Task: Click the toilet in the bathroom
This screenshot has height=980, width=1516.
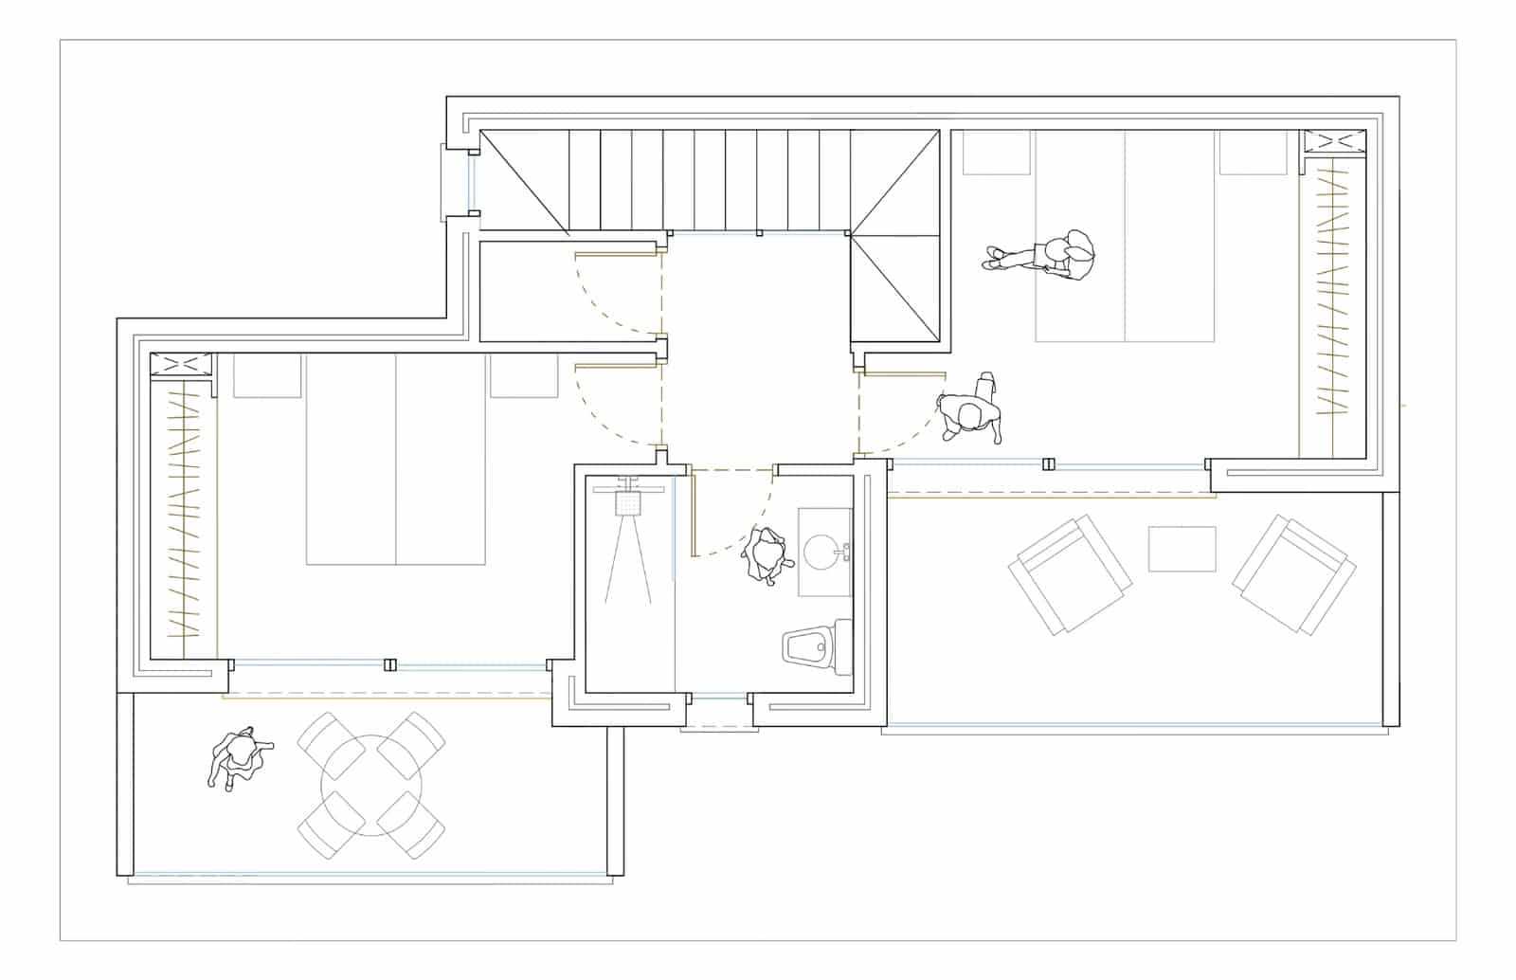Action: tap(817, 647)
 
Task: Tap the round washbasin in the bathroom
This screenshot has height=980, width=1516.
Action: tap(823, 551)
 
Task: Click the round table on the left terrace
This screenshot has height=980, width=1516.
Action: tap(371, 786)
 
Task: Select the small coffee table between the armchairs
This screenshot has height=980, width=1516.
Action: tap(1182, 549)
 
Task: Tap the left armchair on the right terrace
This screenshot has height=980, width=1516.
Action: tap(1070, 573)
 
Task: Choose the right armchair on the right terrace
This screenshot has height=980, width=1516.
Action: tap(1294, 573)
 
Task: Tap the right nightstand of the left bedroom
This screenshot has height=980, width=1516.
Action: tap(523, 375)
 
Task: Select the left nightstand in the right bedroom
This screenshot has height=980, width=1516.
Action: tap(996, 153)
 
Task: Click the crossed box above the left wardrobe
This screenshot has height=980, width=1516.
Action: tap(180, 366)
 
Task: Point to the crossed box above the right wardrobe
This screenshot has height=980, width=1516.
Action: tap(1334, 142)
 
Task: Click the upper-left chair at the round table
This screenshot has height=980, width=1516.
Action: tap(331, 745)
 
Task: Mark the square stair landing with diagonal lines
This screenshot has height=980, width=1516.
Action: tap(896, 288)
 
